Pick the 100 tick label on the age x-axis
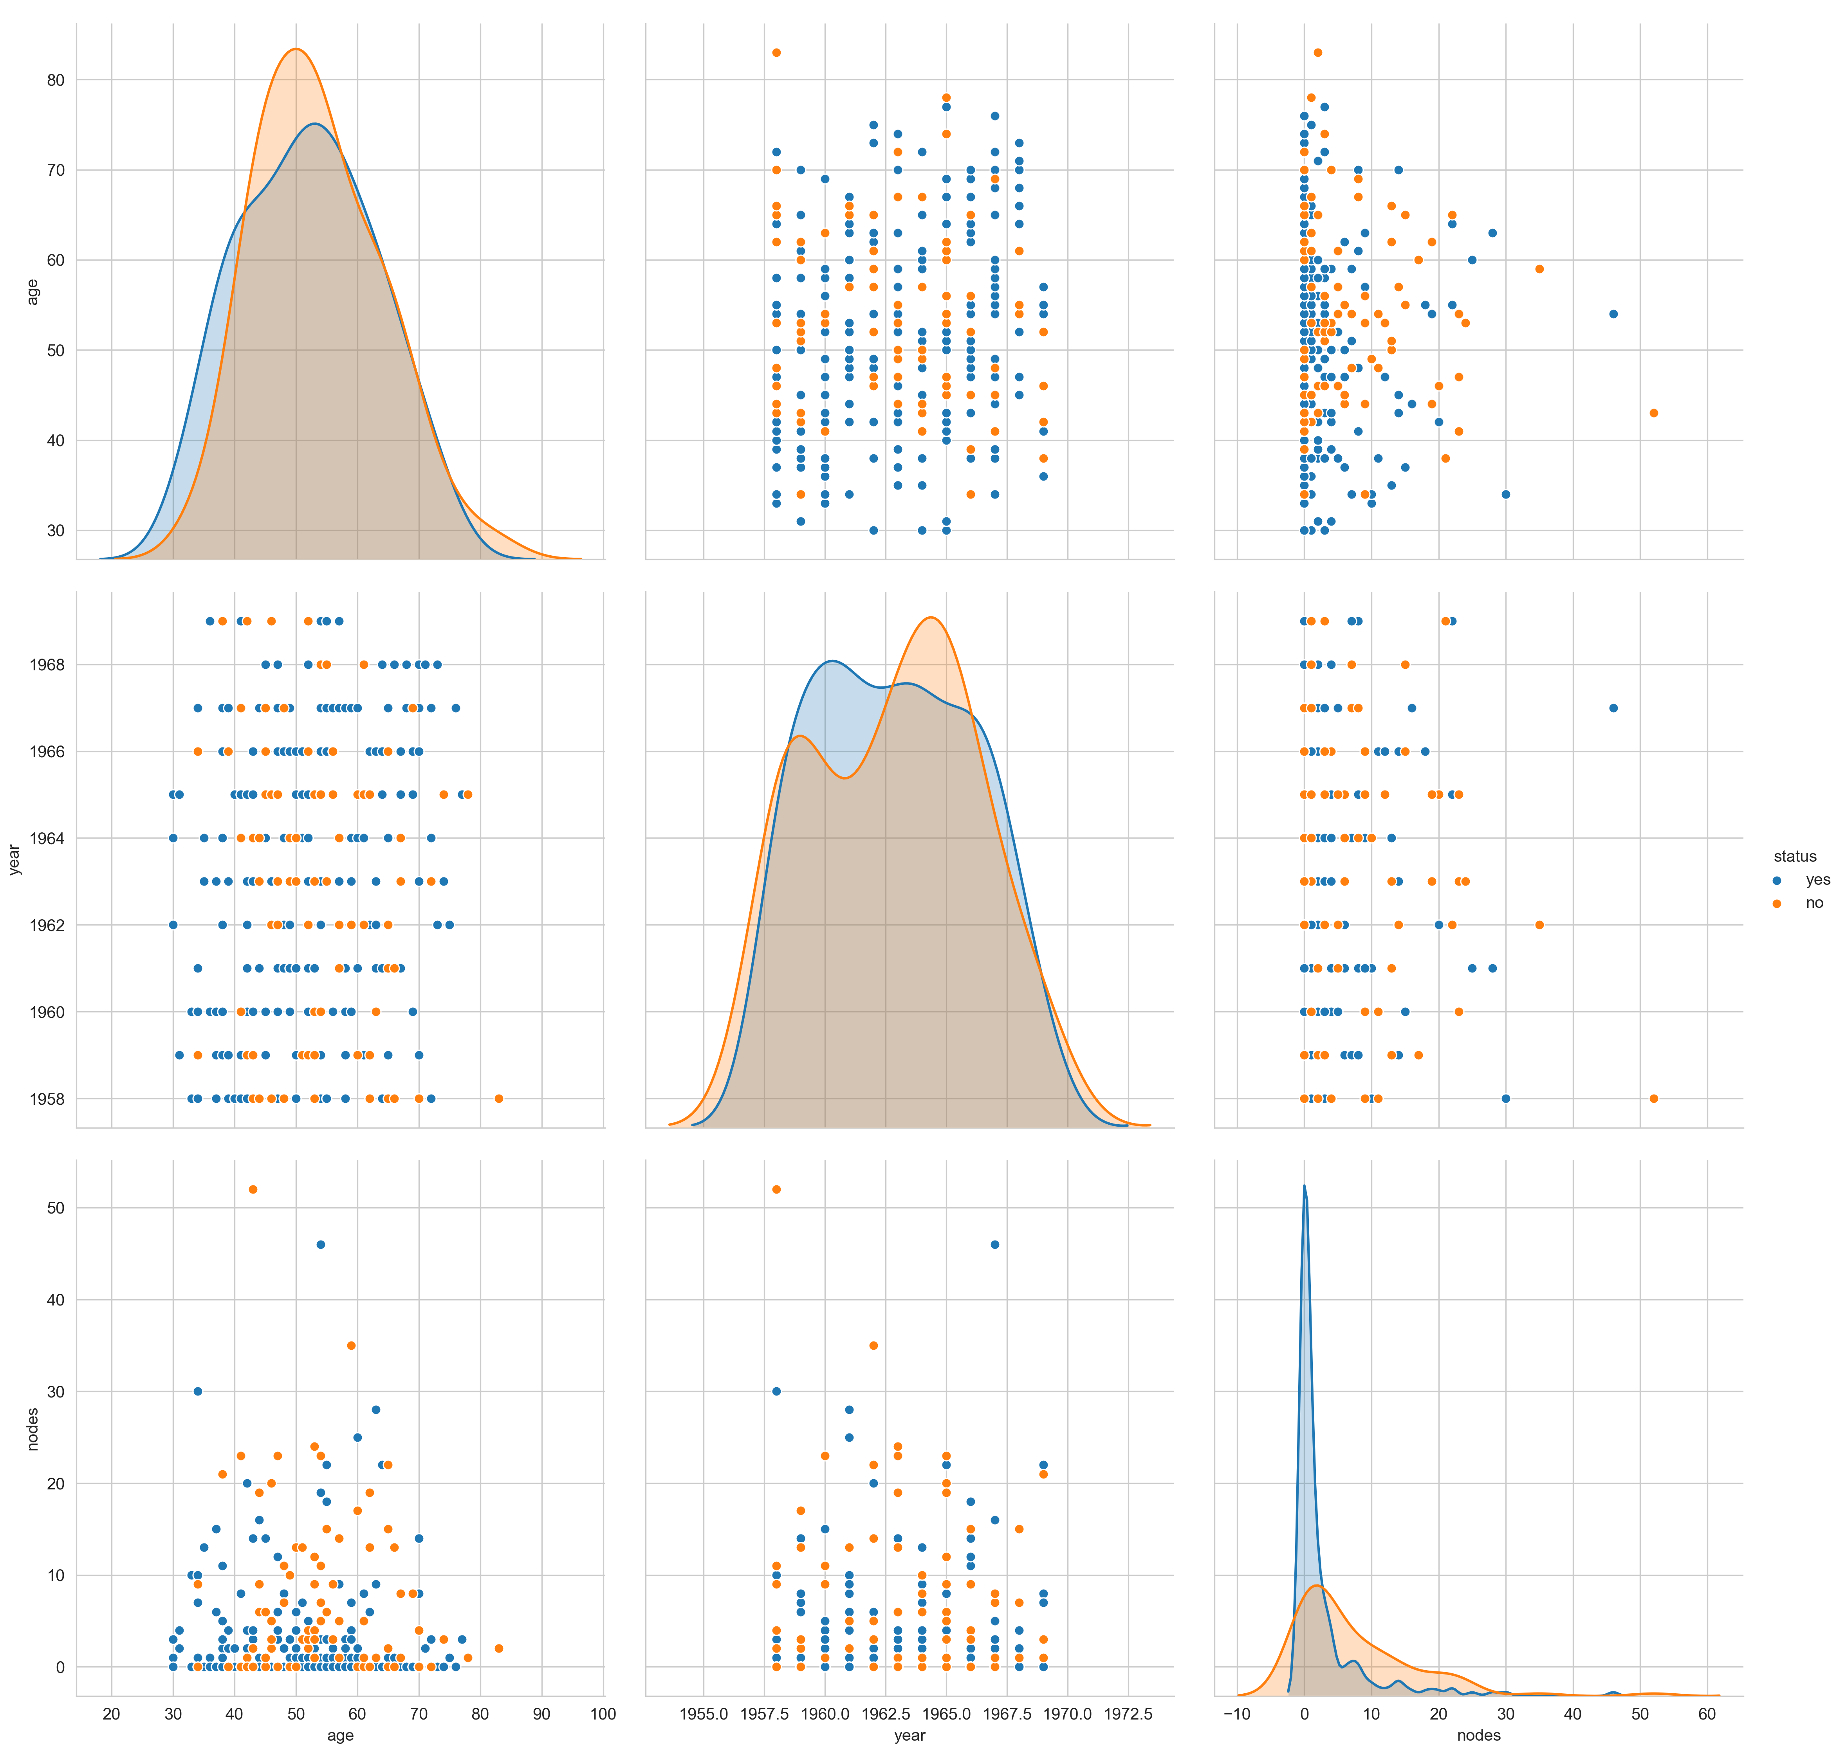(603, 1714)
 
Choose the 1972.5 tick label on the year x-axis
(1128, 1714)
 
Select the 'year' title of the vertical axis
(14, 859)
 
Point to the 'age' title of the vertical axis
(33, 292)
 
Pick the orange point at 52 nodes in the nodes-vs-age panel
(253, 1189)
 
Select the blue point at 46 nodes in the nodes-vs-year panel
(994, 1245)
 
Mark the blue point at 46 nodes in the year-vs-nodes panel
(1613, 708)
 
